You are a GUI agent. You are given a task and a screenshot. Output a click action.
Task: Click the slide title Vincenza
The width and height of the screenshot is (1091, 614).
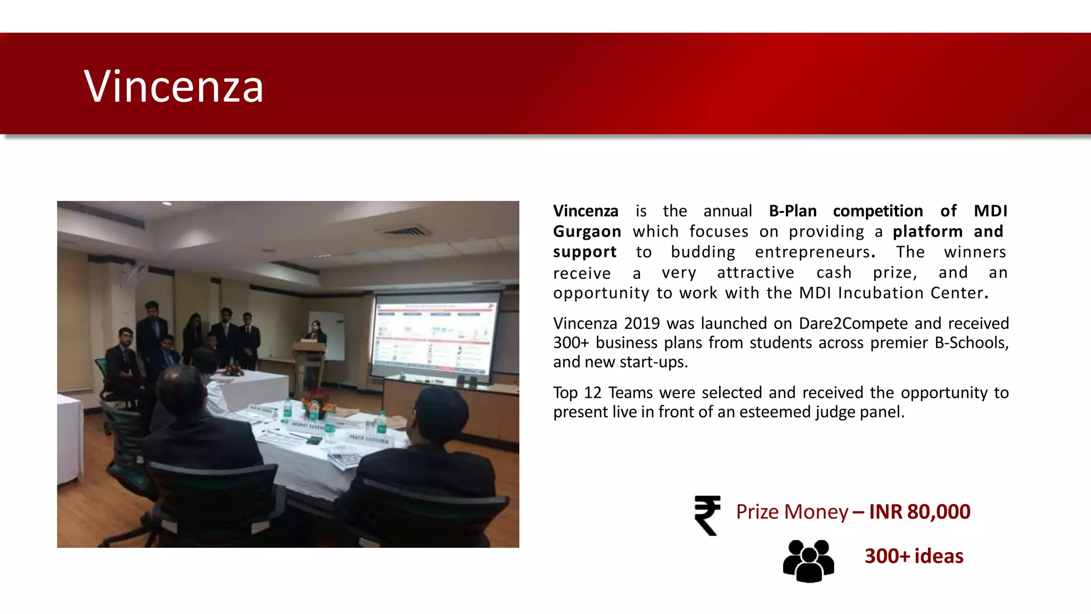tap(174, 86)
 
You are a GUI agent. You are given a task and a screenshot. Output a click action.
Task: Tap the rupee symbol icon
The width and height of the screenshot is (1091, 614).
tap(707, 515)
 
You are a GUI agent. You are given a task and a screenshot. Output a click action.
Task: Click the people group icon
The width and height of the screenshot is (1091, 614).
tap(808, 561)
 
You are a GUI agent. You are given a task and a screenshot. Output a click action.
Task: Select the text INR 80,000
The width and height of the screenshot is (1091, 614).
tap(919, 512)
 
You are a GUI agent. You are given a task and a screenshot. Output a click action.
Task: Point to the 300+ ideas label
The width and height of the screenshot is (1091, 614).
tap(914, 556)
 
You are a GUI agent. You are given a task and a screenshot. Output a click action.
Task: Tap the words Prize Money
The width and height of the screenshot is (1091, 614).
tap(792, 512)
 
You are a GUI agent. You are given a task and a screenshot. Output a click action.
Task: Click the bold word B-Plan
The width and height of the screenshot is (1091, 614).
tap(793, 211)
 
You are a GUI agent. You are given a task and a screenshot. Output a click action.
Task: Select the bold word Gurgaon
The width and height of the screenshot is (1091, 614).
tap(587, 232)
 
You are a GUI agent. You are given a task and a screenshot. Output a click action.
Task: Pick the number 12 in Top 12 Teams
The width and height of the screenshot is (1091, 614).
tap(592, 393)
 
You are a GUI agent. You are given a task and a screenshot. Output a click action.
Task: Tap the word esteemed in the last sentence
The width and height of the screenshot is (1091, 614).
tap(775, 412)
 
